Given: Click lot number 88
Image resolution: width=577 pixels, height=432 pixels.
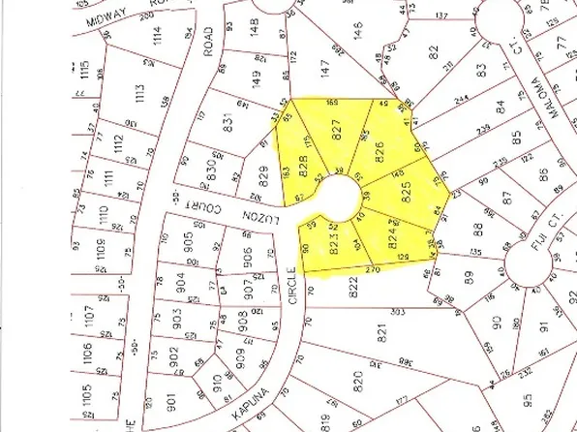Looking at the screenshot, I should [x=478, y=228].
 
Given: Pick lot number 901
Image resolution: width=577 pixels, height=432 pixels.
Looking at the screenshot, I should [x=169, y=397].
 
